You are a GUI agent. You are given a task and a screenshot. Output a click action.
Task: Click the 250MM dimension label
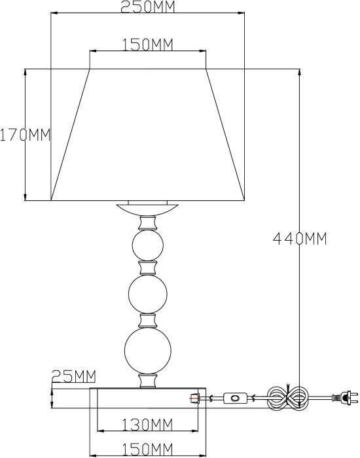point(147,7)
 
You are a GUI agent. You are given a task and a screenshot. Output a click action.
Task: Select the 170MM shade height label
point(25,135)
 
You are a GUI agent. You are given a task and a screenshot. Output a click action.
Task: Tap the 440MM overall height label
point(300,239)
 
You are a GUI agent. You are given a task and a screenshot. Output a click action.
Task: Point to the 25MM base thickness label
point(74,376)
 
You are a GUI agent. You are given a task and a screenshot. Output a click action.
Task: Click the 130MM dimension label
point(147,425)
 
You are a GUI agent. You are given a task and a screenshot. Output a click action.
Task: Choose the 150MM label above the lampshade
point(147,44)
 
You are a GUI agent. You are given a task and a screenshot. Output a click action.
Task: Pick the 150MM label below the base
point(147,449)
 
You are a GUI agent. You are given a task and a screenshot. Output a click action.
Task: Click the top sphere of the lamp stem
point(148,245)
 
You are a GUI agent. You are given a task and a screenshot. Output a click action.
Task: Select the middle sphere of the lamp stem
point(148,294)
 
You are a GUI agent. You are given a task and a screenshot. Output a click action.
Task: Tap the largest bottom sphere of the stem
point(147,351)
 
